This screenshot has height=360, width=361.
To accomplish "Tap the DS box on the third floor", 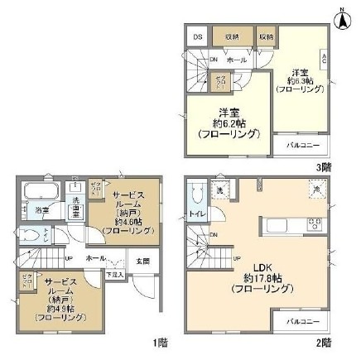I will [198, 36].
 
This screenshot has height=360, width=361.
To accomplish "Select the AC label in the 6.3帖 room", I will [324, 59].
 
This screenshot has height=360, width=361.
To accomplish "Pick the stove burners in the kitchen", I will [315, 222].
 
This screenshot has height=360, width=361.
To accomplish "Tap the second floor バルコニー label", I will [303, 320].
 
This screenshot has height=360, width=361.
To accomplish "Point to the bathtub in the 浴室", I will [36, 192].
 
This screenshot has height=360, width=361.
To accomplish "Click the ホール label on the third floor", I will [235, 60].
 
